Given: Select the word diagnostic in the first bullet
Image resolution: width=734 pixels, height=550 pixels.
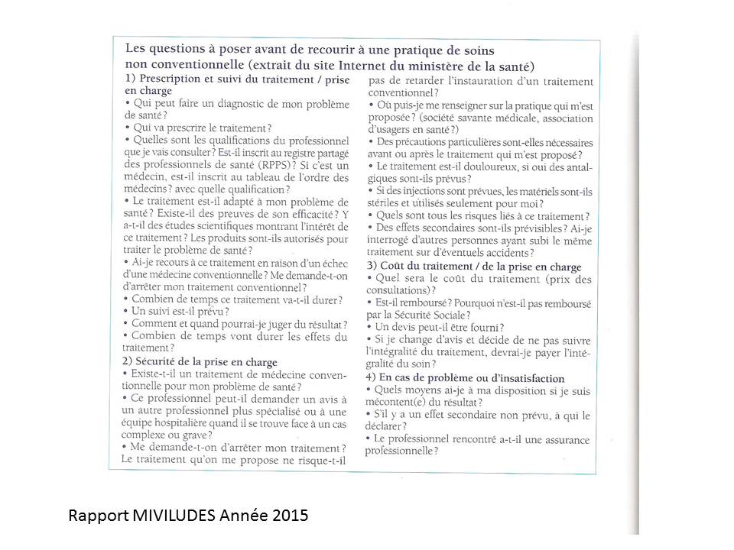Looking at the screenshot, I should pyautogui.click(x=229, y=103).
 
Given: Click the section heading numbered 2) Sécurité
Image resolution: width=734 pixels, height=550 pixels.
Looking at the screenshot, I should pyautogui.click(x=200, y=361).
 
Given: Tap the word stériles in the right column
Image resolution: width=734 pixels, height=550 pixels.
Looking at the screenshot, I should pyautogui.click(x=388, y=203).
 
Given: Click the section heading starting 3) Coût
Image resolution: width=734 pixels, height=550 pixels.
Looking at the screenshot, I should pyautogui.click(x=474, y=267).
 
